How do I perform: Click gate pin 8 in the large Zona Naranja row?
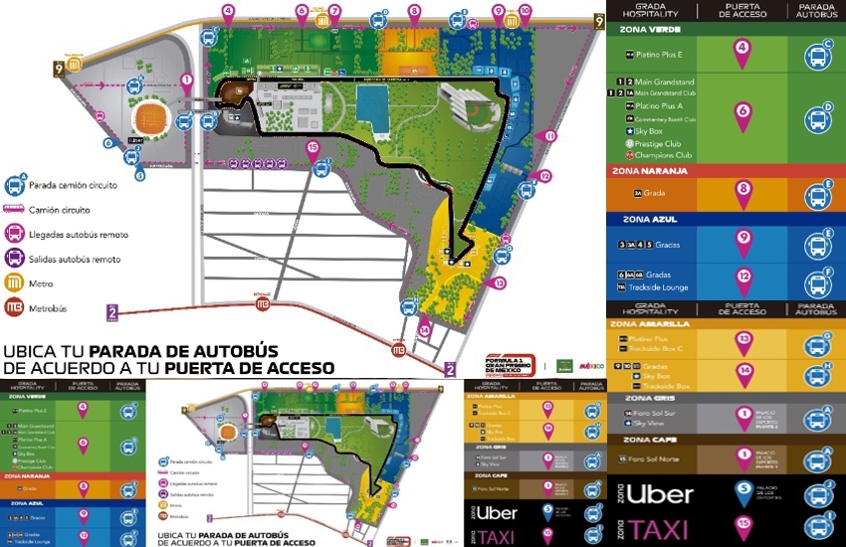point(741,192)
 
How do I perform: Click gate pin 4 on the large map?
point(229,13)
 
